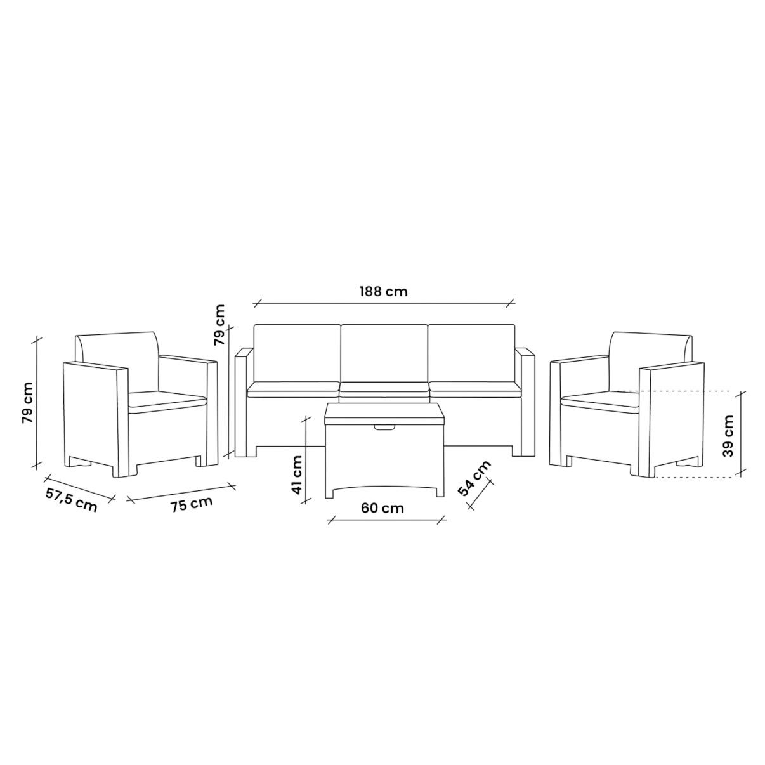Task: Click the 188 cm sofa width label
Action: pos(383,291)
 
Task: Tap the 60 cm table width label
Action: pos(382,507)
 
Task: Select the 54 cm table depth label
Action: pos(474,478)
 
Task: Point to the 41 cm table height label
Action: pos(296,474)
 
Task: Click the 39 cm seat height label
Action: pos(728,435)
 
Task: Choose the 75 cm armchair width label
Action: pos(192,504)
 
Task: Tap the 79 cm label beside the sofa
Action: pos(219,324)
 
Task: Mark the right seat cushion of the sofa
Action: pos(473,389)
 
